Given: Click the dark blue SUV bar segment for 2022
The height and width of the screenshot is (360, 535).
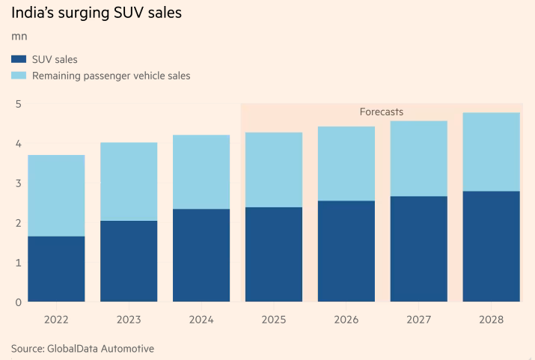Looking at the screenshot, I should [x=56, y=269].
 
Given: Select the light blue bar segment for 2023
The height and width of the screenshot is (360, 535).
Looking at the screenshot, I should [x=129, y=181].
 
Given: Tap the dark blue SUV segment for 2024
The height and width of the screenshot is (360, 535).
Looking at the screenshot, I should [x=201, y=254].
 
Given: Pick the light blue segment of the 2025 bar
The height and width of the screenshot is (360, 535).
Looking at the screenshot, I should [x=274, y=169].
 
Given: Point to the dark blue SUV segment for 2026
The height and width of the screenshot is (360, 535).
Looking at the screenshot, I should [x=346, y=251].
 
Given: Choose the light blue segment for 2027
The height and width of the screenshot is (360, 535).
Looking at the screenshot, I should [x=419, y=158].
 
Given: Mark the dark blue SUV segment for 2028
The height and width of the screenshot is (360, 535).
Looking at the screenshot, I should [x=492, y=246].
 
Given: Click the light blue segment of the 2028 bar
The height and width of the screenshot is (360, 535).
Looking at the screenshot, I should [x=492, y=151].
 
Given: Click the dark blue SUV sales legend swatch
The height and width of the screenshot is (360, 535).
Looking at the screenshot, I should [x=19, y=59].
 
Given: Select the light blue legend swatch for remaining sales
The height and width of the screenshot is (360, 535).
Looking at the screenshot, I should [x=19, y=76].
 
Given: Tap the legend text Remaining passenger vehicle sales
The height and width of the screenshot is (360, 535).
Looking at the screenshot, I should [x=111, y=76].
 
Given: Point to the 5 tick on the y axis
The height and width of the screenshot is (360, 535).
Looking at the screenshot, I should [x=18, y=103].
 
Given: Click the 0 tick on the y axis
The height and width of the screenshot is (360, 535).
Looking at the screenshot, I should [x=18, y=302].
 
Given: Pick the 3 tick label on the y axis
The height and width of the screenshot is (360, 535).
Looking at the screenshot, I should [x=18, y=183].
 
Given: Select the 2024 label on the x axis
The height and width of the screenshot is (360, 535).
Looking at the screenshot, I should [x=201, y=320].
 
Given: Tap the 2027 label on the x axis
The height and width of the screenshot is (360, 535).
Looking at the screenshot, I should [x=419, y=320].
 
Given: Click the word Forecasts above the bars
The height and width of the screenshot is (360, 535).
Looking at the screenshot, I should [x=381, y=112].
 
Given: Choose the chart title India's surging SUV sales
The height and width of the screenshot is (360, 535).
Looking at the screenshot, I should [x=96, y=13].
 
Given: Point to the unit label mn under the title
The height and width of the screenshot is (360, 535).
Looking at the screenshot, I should [x=19, y=36].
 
